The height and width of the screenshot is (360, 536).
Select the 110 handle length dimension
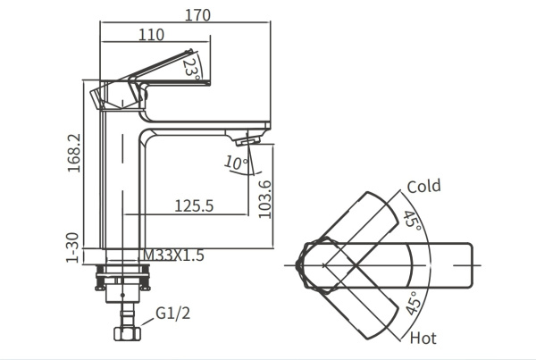pyautogui.click(x=152, y=35)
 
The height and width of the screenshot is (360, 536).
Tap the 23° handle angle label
pyautogui.click(x=190, y=66)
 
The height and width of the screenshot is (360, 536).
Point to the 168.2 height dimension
pyautogui.click(x=77, y=153)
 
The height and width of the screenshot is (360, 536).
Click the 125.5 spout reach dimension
pyautogui.click(x=193, y=205)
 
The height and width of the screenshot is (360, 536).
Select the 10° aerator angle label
pyautogui.click(x=235, y=163)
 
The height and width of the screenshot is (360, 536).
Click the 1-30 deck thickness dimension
pyautogui.click(x=77, y=246)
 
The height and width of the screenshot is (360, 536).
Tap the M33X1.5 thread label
pyautogui.click(x=175, y=255)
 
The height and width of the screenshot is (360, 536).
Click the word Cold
pyautogui.click(x=424, y=186)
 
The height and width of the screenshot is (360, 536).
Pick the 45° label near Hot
pyautogui.click(x=413, y=305)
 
